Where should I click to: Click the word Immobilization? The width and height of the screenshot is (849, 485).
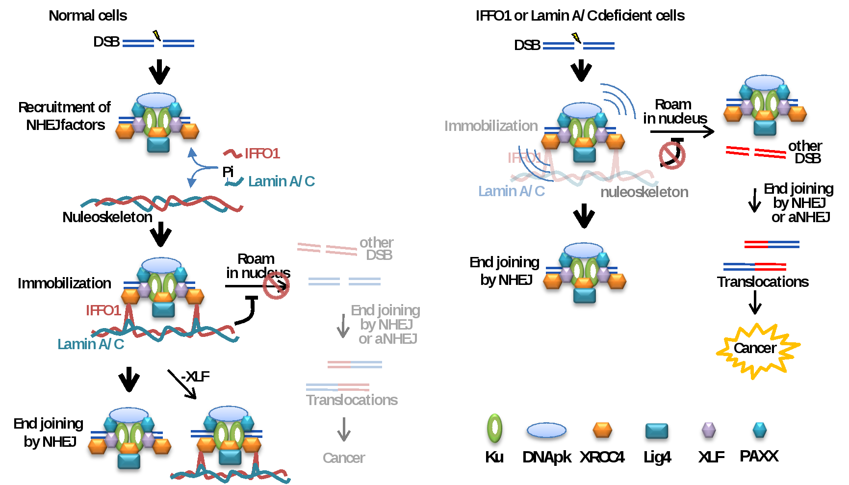tap(491, 126)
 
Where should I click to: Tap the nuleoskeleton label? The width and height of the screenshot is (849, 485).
tap(644, 192)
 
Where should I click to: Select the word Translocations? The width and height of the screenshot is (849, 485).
tap(352, 400)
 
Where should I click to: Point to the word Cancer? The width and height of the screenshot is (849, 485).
tap(344, 458)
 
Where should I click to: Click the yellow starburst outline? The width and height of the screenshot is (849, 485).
tap(758, 350)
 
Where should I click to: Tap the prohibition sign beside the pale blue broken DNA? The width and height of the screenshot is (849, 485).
tap(276, 285)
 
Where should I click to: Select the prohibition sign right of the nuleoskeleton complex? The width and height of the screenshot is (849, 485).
tap(672, 156)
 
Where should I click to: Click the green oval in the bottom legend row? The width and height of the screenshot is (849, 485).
tap(494, 428)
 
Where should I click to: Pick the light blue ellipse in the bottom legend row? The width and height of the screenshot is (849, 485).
tap(546, 430)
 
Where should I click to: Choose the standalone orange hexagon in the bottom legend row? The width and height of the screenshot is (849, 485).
tap(602, 430)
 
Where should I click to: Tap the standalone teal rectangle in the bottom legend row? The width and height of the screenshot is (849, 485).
tap(656, 431)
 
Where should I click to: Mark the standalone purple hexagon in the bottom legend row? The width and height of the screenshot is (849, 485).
tap(709, 430)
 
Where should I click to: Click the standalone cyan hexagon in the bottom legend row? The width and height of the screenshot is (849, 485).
tap(759, 429)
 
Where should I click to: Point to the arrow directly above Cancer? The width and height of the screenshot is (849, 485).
tap(344, 429)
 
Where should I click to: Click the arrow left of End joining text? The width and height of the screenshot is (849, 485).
tap(343, 326)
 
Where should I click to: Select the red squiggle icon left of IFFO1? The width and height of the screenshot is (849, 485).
tap(232, 153)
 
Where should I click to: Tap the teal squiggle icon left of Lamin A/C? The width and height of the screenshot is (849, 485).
tap(234, 182)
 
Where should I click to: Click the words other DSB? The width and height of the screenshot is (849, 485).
tap(377, 249)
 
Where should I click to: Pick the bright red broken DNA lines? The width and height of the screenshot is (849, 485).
tap(756, 152)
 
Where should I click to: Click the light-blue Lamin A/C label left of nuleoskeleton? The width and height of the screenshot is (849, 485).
tap(512, 191)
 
